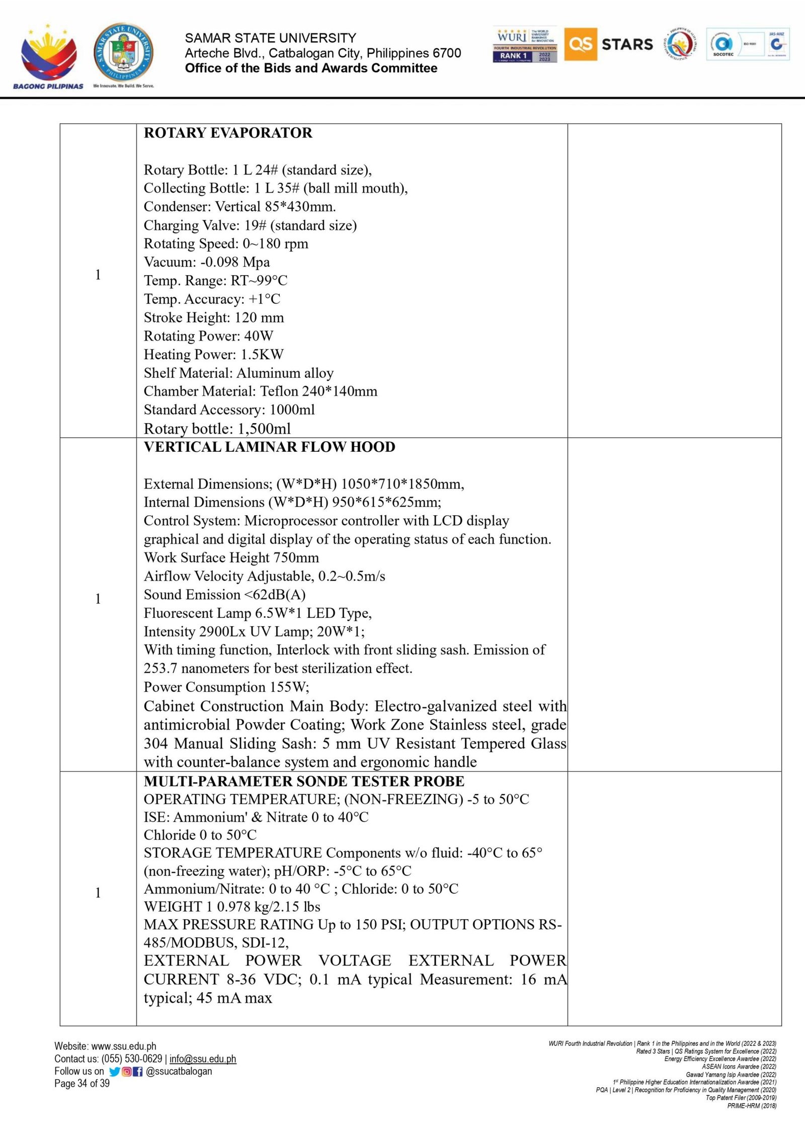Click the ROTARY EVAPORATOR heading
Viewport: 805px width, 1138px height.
(x=228, y=133)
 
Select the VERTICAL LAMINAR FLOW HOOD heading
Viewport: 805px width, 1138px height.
(x=269, y=447)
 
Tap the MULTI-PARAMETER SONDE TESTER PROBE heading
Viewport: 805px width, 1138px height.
(x=304, y=781)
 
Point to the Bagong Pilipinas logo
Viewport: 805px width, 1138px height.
(x=48, y=55)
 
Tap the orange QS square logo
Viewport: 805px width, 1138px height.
(x=581, y=44)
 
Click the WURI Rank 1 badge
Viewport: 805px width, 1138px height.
(x=525, y=44)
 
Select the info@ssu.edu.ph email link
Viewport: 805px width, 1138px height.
(x=203, y=1059)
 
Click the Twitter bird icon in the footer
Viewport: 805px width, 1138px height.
(x=114, y=1072)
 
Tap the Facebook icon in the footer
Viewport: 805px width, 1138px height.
(x=138, y=1072)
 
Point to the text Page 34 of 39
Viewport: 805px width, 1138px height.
(x=82, y=1083)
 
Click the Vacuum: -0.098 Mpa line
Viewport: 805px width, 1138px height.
(x=207, y=262)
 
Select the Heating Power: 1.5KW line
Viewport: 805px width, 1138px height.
(x=214, y=355)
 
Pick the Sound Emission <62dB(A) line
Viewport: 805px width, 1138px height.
(x=224, y=595)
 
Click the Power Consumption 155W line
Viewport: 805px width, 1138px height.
(x=226, y=687)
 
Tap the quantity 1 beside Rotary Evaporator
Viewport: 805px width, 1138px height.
(x=98, y=275)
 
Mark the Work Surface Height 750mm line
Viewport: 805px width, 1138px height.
(x=231, y=557)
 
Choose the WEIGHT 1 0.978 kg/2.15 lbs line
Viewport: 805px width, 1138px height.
(x=232, y=907)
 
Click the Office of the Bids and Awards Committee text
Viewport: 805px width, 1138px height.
(x=311, y=68)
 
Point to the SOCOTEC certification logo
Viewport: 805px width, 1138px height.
(x=723, y=44)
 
